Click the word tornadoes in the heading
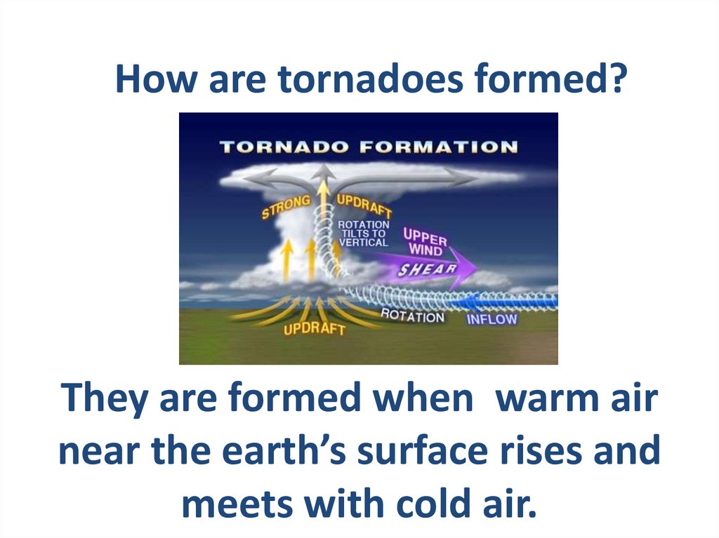click(x=369, y=79)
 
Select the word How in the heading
click(x=157, y=79)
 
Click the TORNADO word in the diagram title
click(x=284, y=147)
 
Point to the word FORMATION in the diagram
click(x=439, y=147)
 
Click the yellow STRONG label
click(x=286, y=207)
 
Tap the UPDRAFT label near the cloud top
click(x=364, y=206)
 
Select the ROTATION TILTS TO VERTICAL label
click(x=364, y=234)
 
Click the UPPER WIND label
click(x=425, y=241)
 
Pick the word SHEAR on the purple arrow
click(x=427, y=269)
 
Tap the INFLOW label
click(x=492, y=319)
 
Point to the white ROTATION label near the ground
click(x=412, y=316)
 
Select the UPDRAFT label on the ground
click(x=314, y=328)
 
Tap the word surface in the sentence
click(x=422, y=450)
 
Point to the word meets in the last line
click(x=237, y=504)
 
